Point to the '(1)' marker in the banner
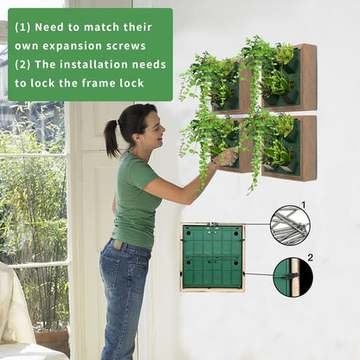23,27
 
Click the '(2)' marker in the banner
23,65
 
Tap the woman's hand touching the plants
227,157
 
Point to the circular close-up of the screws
289,225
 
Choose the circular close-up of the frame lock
292,277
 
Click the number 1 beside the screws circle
303,206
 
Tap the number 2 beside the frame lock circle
310,257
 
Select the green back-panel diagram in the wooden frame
212,257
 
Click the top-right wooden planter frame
291,78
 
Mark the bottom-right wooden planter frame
291,147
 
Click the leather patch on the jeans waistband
117,246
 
